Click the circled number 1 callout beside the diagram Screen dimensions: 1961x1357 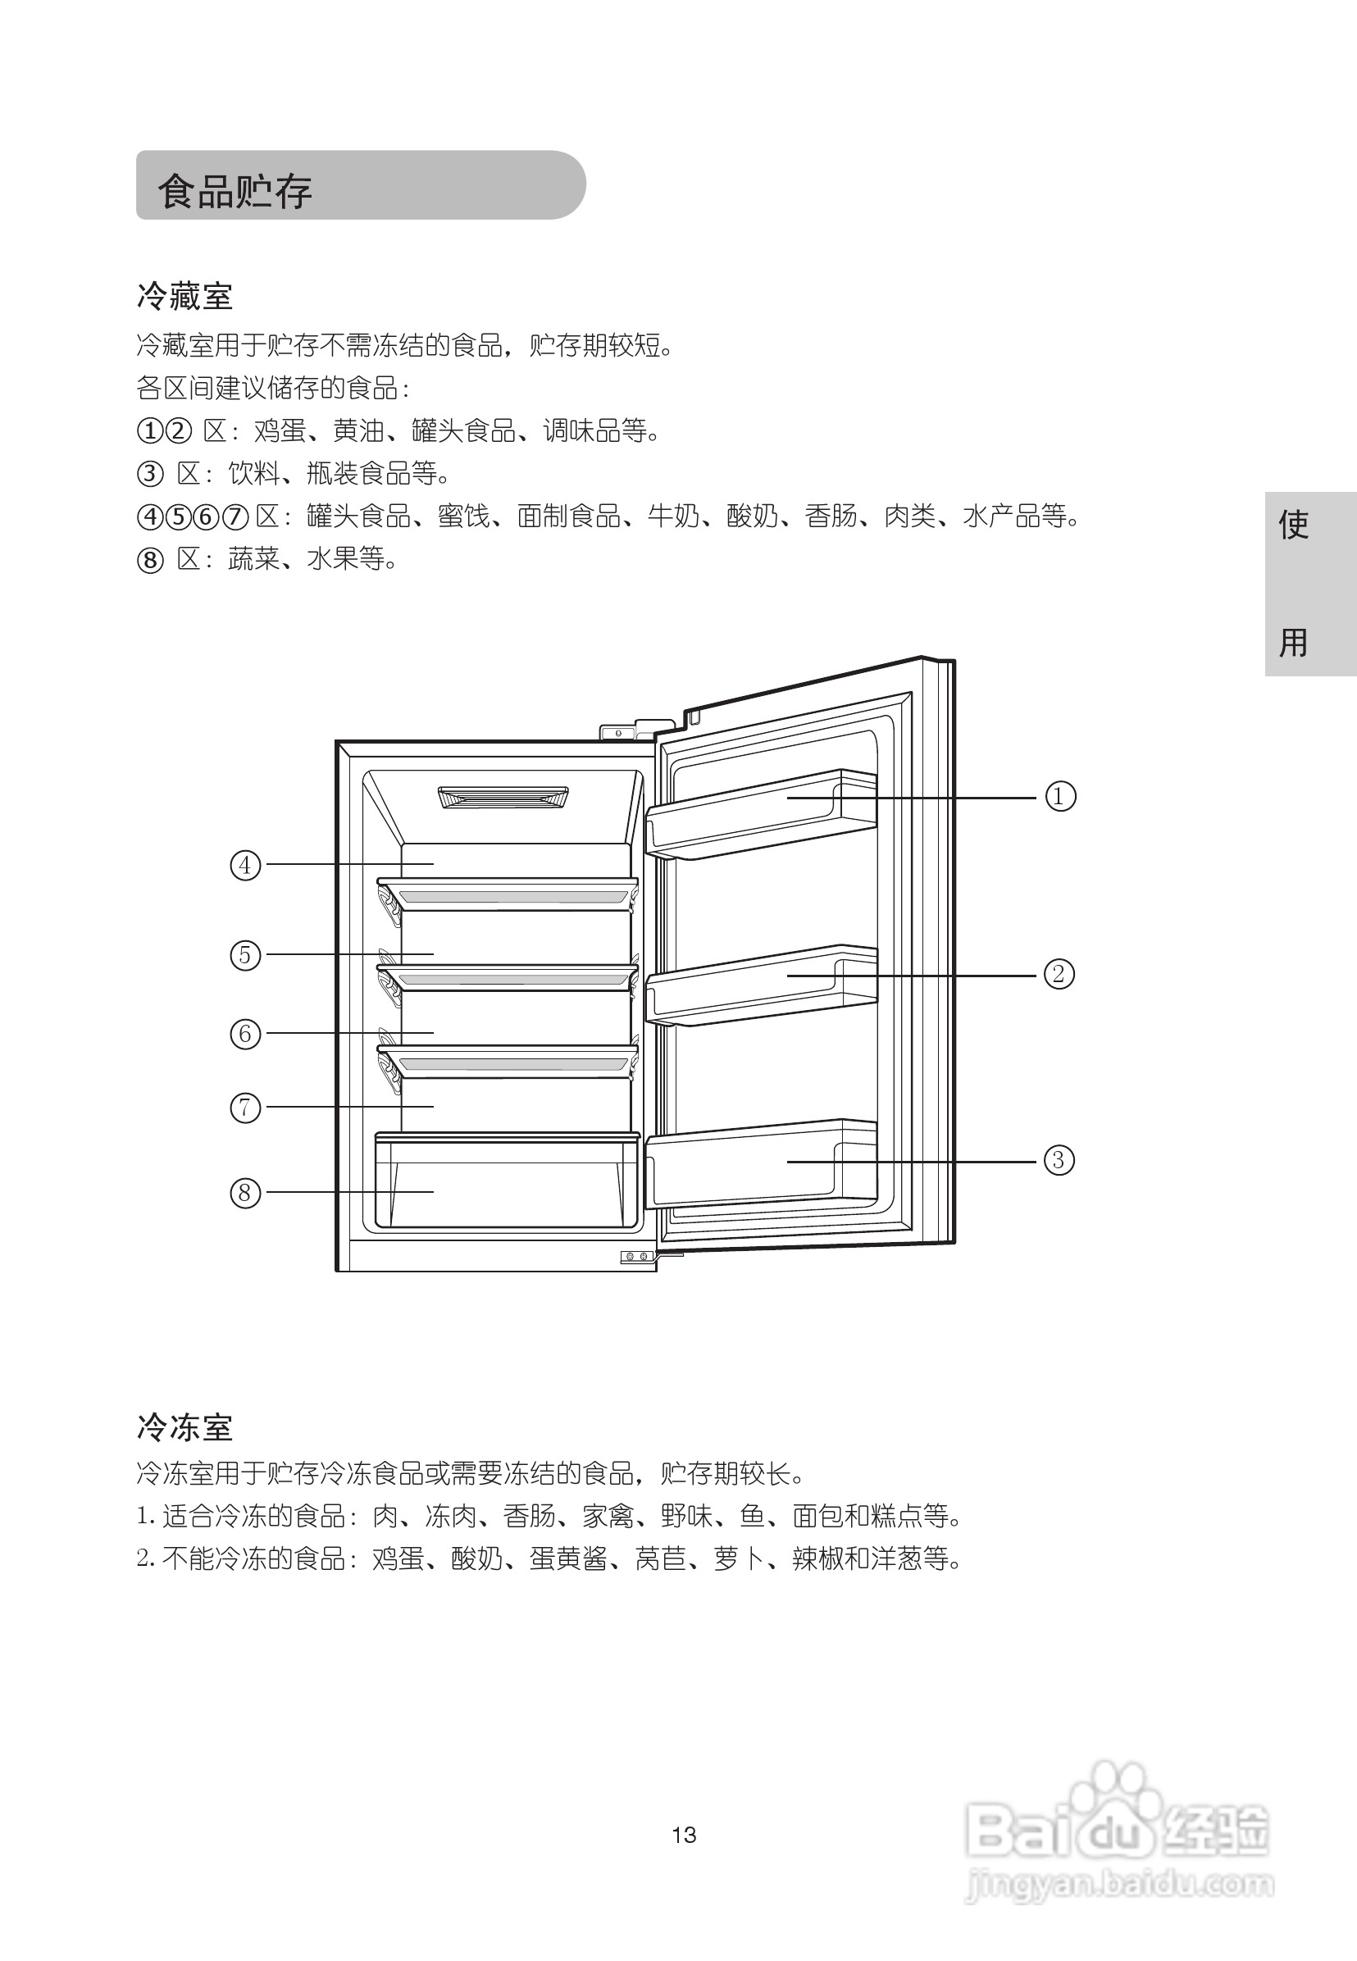[1059, 797]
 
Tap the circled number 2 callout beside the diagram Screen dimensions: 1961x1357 [1059, 973]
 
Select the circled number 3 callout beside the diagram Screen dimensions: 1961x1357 [1059, 1159]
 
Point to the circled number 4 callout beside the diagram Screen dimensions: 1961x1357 [246, 866]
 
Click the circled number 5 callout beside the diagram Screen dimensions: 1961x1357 [246, 954]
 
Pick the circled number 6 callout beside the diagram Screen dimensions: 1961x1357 [246, 1034]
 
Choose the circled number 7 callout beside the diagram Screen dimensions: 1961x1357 [246, 1108]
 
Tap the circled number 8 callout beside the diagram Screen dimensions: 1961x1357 [246, 1193]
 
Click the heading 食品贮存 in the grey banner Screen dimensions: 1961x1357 [235, 190]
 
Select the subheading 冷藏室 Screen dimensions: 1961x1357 [184, 296]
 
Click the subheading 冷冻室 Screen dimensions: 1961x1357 [184, 1427]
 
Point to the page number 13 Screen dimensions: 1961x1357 [684, 1835]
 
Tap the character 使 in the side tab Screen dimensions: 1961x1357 [1293, 525]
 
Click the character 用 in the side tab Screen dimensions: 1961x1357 [1293, 643]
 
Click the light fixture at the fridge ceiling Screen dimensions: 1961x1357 [503, 798]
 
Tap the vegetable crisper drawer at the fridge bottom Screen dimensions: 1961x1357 [507, 1181]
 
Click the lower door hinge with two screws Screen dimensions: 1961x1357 [639, 1256]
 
